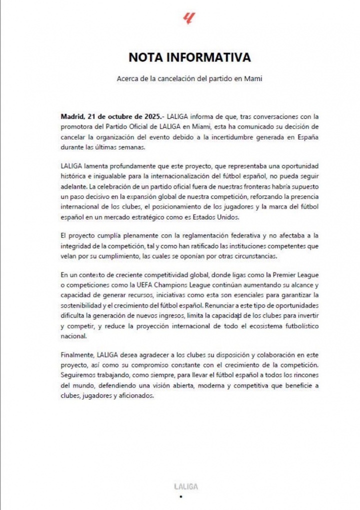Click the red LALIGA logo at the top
[x=189, y=19]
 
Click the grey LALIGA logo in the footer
[x=180, y=485]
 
